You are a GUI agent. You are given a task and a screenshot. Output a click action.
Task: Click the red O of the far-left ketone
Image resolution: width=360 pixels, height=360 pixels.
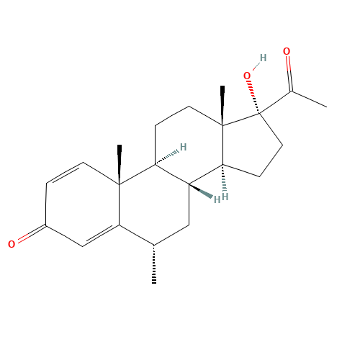[12, 244]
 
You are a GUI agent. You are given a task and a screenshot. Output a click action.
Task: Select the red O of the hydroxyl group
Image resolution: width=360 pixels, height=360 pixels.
[247, 76]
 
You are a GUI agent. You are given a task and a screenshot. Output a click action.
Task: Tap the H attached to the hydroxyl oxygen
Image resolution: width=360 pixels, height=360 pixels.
[263, 58]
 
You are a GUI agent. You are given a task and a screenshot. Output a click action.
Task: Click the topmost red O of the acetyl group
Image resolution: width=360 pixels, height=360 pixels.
[287, 51]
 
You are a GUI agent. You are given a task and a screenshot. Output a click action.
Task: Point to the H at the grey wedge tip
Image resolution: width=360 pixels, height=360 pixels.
[217, 199]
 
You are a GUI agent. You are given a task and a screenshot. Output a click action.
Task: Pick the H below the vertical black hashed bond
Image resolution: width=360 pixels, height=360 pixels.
[225, 197]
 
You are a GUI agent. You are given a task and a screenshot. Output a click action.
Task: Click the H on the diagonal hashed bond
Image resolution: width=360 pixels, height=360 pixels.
[184, 147]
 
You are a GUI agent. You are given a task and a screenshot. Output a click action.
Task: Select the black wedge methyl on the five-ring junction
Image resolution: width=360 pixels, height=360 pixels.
[222, 105]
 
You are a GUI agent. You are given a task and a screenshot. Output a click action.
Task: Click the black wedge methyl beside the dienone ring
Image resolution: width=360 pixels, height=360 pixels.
[120, 164]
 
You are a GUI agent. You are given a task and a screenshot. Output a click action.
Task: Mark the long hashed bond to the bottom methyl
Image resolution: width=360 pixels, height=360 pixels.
[154, 264]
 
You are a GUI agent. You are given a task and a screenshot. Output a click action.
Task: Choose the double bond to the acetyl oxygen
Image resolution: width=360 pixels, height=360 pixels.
[289, 73]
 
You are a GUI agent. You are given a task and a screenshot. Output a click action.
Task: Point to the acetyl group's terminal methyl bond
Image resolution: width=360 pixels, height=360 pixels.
[309, 99]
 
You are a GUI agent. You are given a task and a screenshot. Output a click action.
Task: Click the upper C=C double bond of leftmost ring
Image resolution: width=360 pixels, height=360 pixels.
[65, 173]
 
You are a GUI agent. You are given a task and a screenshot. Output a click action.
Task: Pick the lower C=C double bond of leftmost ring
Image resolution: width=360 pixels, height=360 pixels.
[101, 236]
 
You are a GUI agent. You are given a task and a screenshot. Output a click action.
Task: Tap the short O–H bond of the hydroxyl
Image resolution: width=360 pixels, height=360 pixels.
[256, 66]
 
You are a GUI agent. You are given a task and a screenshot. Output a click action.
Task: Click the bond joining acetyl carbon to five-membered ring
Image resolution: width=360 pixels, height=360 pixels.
[276, 102]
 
